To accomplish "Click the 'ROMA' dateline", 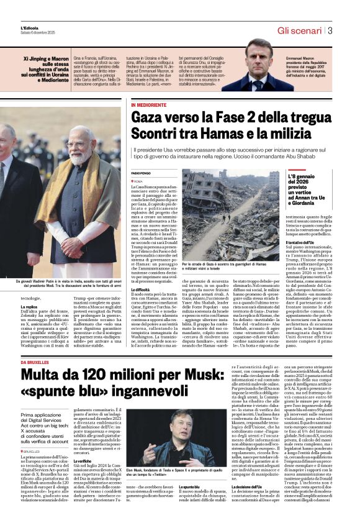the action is click(x=138, y=181).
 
